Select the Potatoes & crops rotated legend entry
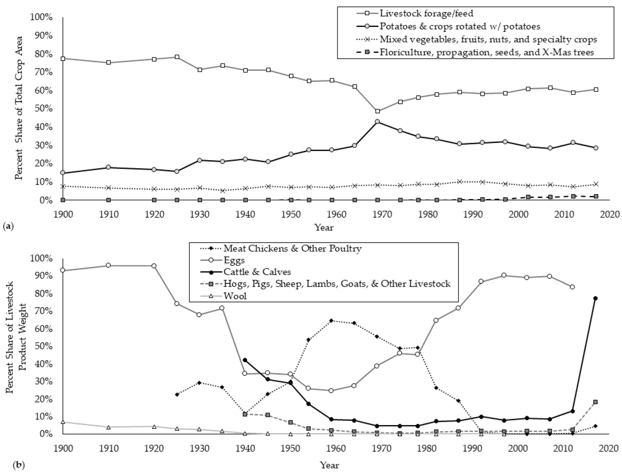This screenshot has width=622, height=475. (459, 26)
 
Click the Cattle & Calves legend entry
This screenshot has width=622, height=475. (257, 272)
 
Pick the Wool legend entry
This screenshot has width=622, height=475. (235, 296)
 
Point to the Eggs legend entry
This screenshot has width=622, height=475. (234, 260)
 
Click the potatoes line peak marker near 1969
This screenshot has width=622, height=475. (377, 122)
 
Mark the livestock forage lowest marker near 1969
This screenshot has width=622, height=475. (377, 111)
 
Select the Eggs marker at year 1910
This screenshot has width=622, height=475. (108, 265)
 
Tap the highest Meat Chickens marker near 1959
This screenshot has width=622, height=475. (332, 320)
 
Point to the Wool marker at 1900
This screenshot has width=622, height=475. (63, 422)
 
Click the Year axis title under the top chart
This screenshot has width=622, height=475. (324, 227)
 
